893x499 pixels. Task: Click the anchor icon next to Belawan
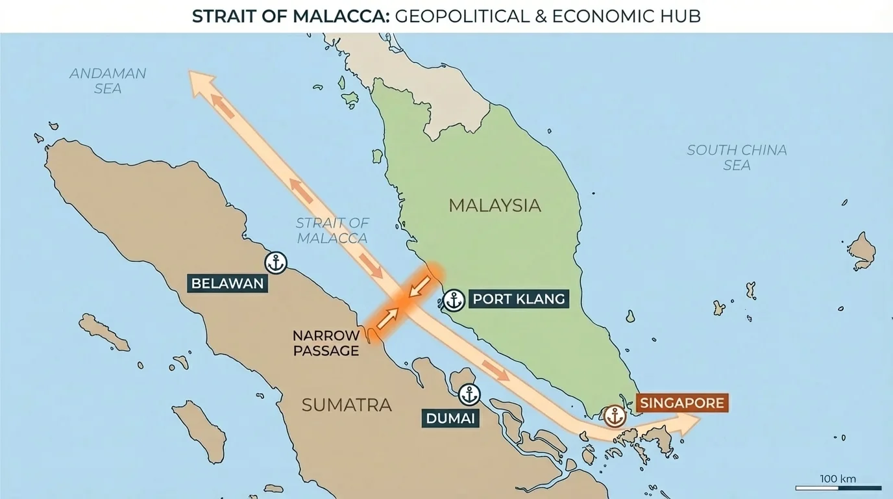(x=276, y=263)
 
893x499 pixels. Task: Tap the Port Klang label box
(x=519, y=300)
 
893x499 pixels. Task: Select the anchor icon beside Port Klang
(x=454, y=300)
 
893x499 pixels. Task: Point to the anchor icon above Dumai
(x=469, y=394)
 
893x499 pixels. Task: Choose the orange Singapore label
(x=681, y=403)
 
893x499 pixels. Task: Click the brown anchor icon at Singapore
(x=614, y=416)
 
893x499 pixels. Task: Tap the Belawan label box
(x=228, y=283)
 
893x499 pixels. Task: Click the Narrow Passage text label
(x=326, y=343)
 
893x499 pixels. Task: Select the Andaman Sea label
(x=108, y=81)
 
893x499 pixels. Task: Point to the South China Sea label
(x=737, y=157)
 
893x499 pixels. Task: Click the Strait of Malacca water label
(x=332, y=230)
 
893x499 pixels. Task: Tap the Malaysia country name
(x=495, y=205)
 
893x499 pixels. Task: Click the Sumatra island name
(x=347, y=405)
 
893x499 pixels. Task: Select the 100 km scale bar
(x=838, y=487)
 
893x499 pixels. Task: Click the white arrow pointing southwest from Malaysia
(x=420, y=285)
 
